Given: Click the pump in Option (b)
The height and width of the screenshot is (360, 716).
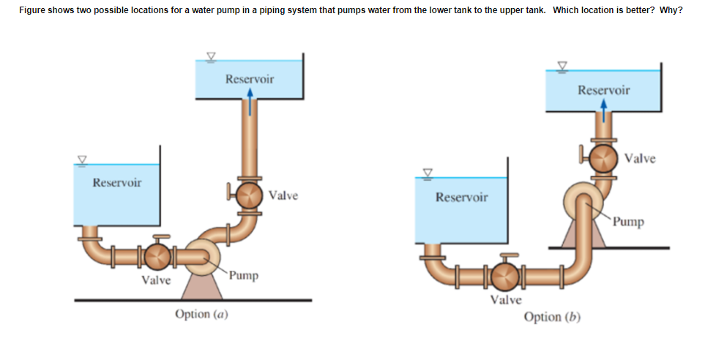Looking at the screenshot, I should [583, 198].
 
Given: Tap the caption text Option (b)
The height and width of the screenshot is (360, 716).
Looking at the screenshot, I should [552, 317].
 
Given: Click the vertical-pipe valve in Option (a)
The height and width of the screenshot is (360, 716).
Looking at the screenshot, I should [249, 195].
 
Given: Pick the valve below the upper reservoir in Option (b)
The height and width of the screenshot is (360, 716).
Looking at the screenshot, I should [603, 159].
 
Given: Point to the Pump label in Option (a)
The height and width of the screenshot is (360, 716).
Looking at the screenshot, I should [243, 276].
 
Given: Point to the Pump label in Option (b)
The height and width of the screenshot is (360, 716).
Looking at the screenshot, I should [629, 221].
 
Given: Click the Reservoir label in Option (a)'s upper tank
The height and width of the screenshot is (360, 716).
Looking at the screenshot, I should [250, 78].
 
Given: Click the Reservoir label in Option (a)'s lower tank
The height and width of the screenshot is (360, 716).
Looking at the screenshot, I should [117, 181].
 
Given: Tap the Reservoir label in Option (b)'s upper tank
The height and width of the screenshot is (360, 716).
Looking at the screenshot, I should [603, 90].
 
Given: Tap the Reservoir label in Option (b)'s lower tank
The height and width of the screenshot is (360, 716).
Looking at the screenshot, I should [461, 197].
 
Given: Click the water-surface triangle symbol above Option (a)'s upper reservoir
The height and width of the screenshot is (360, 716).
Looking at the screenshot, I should [211, 56].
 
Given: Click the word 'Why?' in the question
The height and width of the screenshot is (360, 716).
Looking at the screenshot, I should [671, 10].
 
